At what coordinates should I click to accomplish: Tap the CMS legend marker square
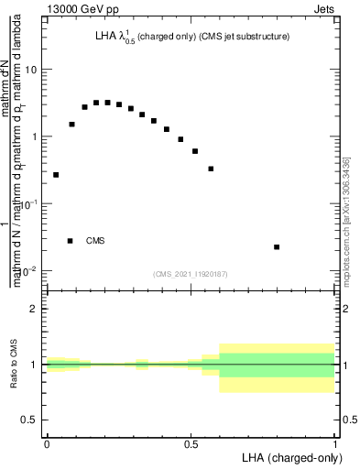[x=70, y=241]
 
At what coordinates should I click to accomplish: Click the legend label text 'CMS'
[x=95, y=241]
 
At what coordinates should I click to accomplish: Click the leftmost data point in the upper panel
[x=56, y=174]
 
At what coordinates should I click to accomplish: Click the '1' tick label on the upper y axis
[x=36, y=136]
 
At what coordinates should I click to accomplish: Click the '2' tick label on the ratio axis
[x=35, y=310]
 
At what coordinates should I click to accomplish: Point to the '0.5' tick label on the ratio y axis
[x=31, y=420]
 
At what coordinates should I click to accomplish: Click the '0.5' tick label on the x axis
[x=191, y=444]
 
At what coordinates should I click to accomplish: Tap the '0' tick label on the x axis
[x=47, y=444]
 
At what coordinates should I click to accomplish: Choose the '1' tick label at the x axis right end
[x=335, y=444]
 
